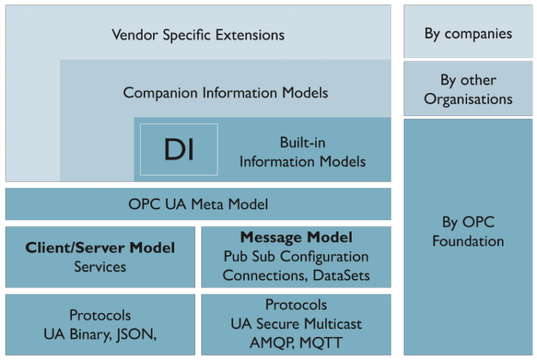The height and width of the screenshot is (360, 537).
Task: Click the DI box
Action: point(179,150)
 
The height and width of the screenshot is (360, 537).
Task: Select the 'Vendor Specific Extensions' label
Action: point(198,34)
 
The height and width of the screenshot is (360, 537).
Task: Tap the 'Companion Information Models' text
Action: point(225,92)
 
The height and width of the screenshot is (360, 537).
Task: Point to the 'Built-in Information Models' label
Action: point(302,152)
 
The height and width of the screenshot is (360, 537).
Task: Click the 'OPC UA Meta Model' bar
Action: point(198,204)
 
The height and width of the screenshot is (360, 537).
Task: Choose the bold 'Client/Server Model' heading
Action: point(100,247)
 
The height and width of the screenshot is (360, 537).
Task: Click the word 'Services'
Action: point(100,266)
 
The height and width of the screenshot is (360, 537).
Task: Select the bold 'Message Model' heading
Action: point(296,238)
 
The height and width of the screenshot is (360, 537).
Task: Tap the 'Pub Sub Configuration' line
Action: point(296,257)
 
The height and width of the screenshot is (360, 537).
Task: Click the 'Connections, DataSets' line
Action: point(296,275)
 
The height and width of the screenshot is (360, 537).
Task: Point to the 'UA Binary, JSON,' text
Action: point(100,334)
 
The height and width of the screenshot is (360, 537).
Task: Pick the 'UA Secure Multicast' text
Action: point(296,324)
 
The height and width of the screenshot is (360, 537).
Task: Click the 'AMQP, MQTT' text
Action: point(296,343)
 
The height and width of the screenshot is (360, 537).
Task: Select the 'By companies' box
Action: point(468,33)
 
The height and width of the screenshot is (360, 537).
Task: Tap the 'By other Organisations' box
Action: point(468,89)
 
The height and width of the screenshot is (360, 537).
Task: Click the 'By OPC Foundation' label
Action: point(468,231)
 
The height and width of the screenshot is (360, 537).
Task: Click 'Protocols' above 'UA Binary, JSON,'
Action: point(100,315)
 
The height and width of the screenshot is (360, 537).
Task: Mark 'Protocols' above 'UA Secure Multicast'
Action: point(296,305)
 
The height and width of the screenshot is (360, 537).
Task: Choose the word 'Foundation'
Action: point(468,241)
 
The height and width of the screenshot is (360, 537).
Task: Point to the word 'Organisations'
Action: point(468,99)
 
